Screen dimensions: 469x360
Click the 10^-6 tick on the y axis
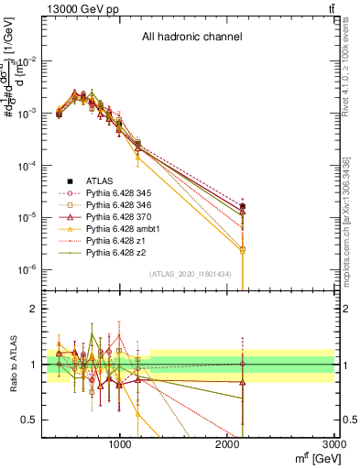coord(27,269)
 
